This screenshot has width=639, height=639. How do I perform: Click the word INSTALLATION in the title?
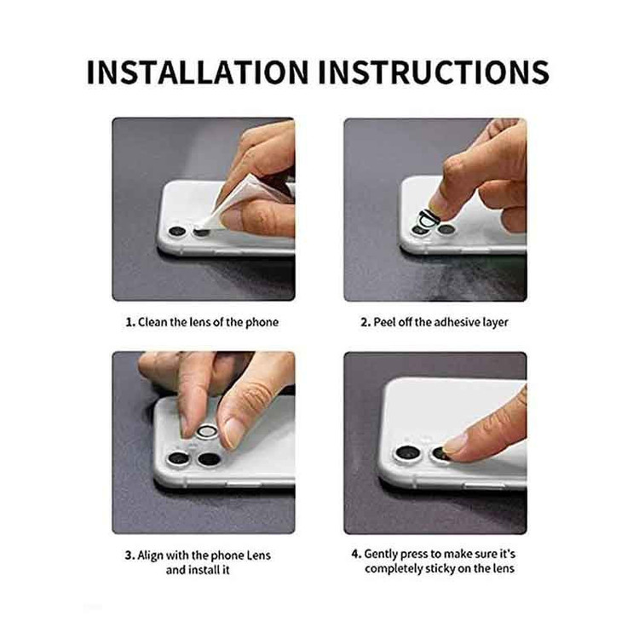point(198,72)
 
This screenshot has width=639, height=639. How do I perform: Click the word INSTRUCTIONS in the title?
point(434,72)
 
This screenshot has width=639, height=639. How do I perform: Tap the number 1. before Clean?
point(130,322)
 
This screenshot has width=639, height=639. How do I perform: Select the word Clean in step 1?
point(153,322)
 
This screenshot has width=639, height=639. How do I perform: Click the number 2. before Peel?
point(366,322)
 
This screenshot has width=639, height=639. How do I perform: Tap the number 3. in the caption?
point(130,556)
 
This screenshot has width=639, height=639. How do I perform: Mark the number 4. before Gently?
point(356,555)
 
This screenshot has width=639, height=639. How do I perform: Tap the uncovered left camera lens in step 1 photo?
point(177,232)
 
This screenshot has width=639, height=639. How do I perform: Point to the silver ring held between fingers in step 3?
point(207,432)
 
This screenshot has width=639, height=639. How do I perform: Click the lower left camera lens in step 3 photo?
point(178,459)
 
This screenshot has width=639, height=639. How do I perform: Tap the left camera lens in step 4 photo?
point(407,453)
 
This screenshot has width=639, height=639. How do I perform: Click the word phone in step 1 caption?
point(262,322)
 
